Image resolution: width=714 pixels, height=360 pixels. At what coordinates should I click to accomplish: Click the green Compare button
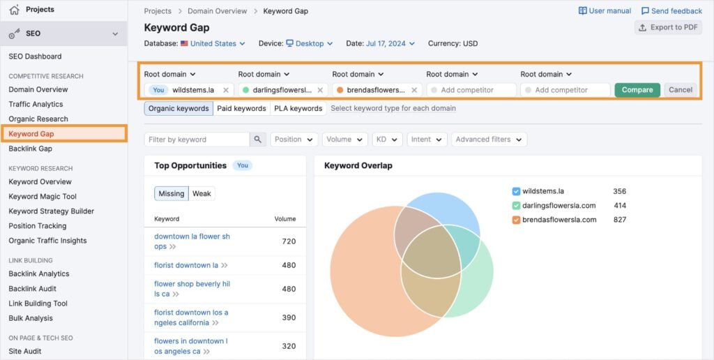pos(637,90)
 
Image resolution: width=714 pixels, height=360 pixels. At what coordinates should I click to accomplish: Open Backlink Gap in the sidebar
pos(31,149)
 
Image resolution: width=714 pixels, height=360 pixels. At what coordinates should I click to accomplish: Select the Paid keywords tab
pos(241,108)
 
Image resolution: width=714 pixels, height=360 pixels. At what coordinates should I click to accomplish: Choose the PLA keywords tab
pos(298,108)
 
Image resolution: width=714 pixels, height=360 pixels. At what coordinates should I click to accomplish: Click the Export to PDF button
pos(668,27)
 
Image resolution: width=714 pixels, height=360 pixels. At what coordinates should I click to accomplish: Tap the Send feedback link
pos(671,11)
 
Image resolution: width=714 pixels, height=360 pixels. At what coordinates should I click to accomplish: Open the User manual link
pos(605,11)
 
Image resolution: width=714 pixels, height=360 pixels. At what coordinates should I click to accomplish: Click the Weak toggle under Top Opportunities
pos(202,193)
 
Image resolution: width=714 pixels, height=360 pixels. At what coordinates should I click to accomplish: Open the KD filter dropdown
pos(386,140)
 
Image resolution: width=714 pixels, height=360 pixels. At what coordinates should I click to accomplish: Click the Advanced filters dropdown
pos(488,140)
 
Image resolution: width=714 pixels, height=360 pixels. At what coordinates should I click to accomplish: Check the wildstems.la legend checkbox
pos(516,191)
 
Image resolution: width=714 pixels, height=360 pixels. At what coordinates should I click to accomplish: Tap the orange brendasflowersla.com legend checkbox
pos(516,220)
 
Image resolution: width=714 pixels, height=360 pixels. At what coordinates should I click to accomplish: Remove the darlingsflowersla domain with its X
pos(320,90)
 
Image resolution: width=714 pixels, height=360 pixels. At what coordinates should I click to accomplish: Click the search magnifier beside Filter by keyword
pos(258,140)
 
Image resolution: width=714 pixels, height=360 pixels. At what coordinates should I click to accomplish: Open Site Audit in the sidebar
pos(25,352)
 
